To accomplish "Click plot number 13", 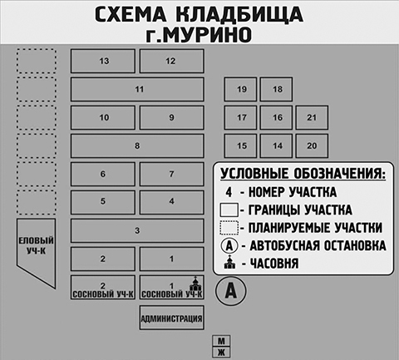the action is [x=103, y=61].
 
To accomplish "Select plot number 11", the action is [x=137, y=89].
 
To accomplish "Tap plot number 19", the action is [x=240, y=89].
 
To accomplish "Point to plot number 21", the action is [x=312, y=117].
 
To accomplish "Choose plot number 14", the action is [x=276, y=145].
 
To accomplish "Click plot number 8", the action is [x=137, y=145].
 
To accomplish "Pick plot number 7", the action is [x=171, y=174].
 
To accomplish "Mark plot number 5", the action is [x=103, y=202].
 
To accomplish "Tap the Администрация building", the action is [x=171, y=318].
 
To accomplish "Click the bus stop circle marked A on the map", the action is [x=231, y=291].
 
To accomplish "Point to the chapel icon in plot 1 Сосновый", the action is [x=195, y=284].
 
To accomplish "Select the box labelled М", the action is [x=221, y=341].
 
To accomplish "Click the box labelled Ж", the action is [x=221, y=353].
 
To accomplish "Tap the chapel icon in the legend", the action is [x=229, y=262].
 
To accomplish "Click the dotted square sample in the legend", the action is [x=229, y=228].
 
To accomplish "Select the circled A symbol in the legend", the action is [x=229, y=245].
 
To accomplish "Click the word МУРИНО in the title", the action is [x=199, y=34].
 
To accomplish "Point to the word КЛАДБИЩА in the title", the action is [x=239, y=14].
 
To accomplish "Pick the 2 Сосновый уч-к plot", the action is [x=103, y=287].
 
